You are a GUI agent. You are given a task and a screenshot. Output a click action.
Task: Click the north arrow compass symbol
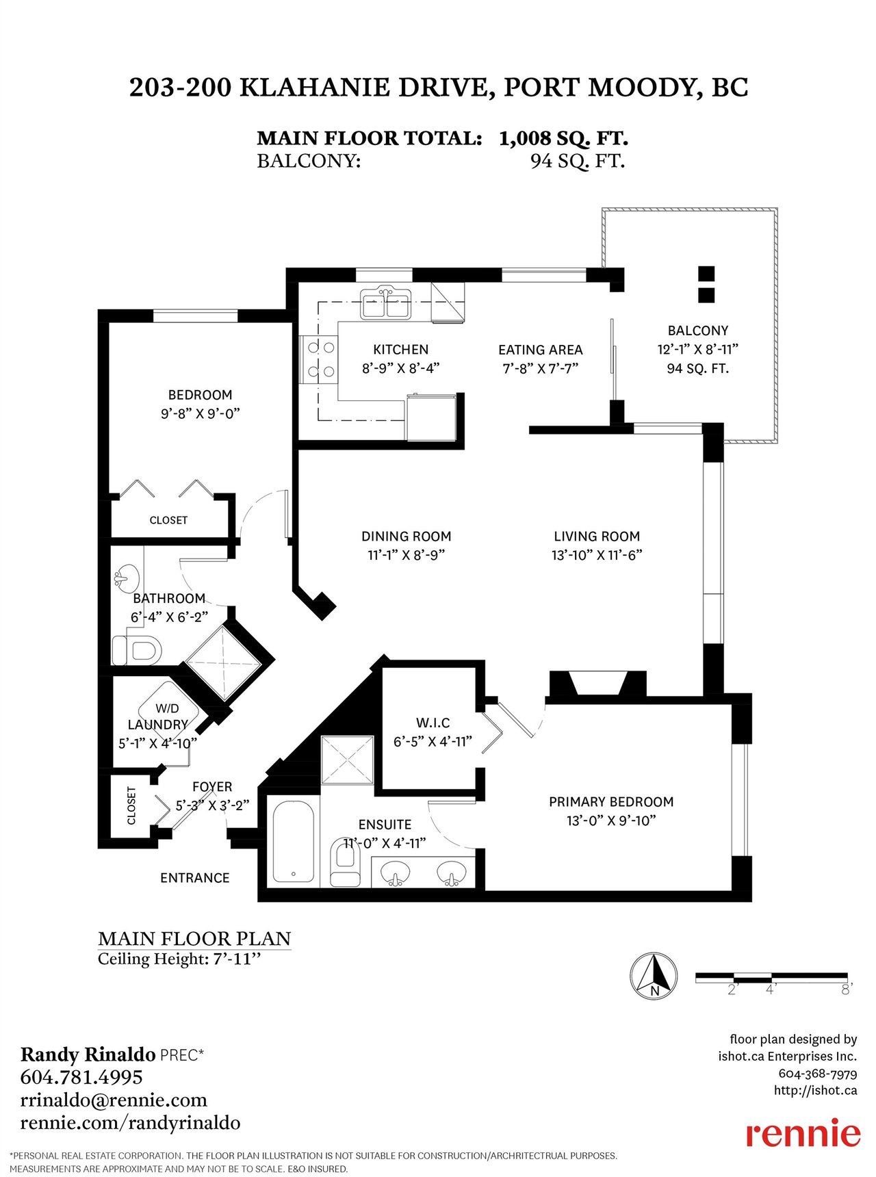pyautogui.click(x=654, y=975)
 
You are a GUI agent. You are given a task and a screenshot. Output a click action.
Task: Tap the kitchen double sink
pyautogui.click(x=387, y=304)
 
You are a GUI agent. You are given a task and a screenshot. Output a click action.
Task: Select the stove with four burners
pyautogui.click(x=318, y=359)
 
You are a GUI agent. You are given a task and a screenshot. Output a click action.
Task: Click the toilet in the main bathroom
pyautogui.click(x=136, y=650)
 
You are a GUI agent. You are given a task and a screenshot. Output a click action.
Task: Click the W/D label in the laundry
pyautogui.click(x=167, y=708)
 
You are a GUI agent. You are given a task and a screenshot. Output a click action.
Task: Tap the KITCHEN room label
pyautogui.click(x=400, y=350)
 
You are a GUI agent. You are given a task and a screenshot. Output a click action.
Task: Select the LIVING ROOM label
pyautogui.click(x=597, y=536)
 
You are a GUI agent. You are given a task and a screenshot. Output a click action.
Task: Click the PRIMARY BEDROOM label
pyautogui.click(x=611, y=801)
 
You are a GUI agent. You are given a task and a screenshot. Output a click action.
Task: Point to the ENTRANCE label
pyautogui.click(x=195, y=878)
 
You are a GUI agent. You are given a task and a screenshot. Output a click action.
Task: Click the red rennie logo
pyautogui.click(x=803, y=1135)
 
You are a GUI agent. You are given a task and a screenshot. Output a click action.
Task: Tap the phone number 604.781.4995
pyautogui.click(x=81, y=1077)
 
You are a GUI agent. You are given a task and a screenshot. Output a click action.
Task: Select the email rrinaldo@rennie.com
pyautogui.click(x=114, y=1100)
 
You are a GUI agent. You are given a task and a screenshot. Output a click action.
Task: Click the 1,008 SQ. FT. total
pyautogui.click(x=563, y=138)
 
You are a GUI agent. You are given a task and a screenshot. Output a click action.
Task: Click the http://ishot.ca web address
pyautogui.click(x=815, y=1091)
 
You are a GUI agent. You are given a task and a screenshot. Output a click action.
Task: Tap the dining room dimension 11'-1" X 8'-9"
pyautogui.click(x=407, y=555)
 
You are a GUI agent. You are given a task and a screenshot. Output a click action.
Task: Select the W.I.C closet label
pyautogui.click(x=433, y=723)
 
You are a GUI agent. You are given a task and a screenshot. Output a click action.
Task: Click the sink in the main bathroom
pyautogui.click(x=125, y=578)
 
